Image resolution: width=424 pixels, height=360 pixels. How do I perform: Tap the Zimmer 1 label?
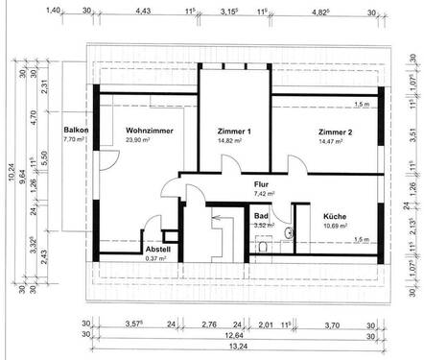coord(233,131)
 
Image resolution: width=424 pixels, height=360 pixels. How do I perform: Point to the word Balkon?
coord(76,131)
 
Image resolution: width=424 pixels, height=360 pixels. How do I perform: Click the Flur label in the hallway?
coord(262,183)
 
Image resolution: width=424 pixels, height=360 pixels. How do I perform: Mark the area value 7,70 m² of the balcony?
coord(75,140)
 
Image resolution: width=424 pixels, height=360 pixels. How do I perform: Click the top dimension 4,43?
coord(144,11)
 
